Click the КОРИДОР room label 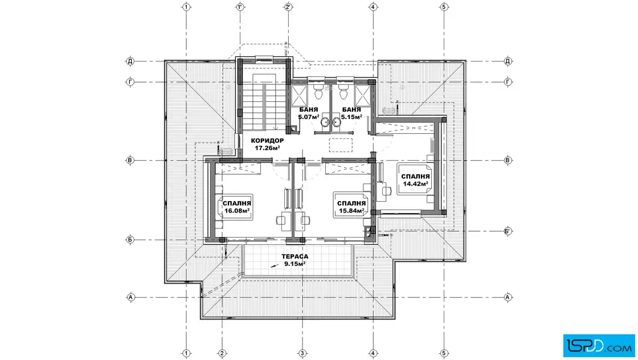tap(267, 141)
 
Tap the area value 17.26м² tap(267, 148)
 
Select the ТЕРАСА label tap(295, 257)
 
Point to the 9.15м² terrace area tap(295, 264)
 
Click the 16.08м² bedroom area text tap(237, 211)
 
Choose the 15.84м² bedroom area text tap(351, 211)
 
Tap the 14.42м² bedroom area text tap(415, 184)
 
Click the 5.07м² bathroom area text tap(308, 117)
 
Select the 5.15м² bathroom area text tap(351, 117)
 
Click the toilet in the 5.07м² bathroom tap(318, 91)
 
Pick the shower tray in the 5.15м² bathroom tap(362, 96)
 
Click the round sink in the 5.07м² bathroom tap(325, 122)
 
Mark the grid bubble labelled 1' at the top tap(240, 7)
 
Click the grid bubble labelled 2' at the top tap(288, 7)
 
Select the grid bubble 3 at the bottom tap(302, 353)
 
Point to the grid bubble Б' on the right tap(508, 231)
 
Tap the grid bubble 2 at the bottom tap(222, 353)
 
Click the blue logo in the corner tap(599, 346)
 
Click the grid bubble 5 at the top tap(444, 7)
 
